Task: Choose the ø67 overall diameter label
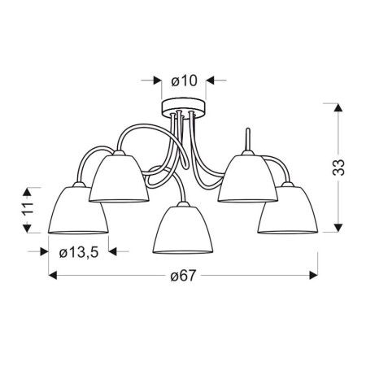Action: click(183, 277)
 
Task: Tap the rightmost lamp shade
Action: click(287, 210)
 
